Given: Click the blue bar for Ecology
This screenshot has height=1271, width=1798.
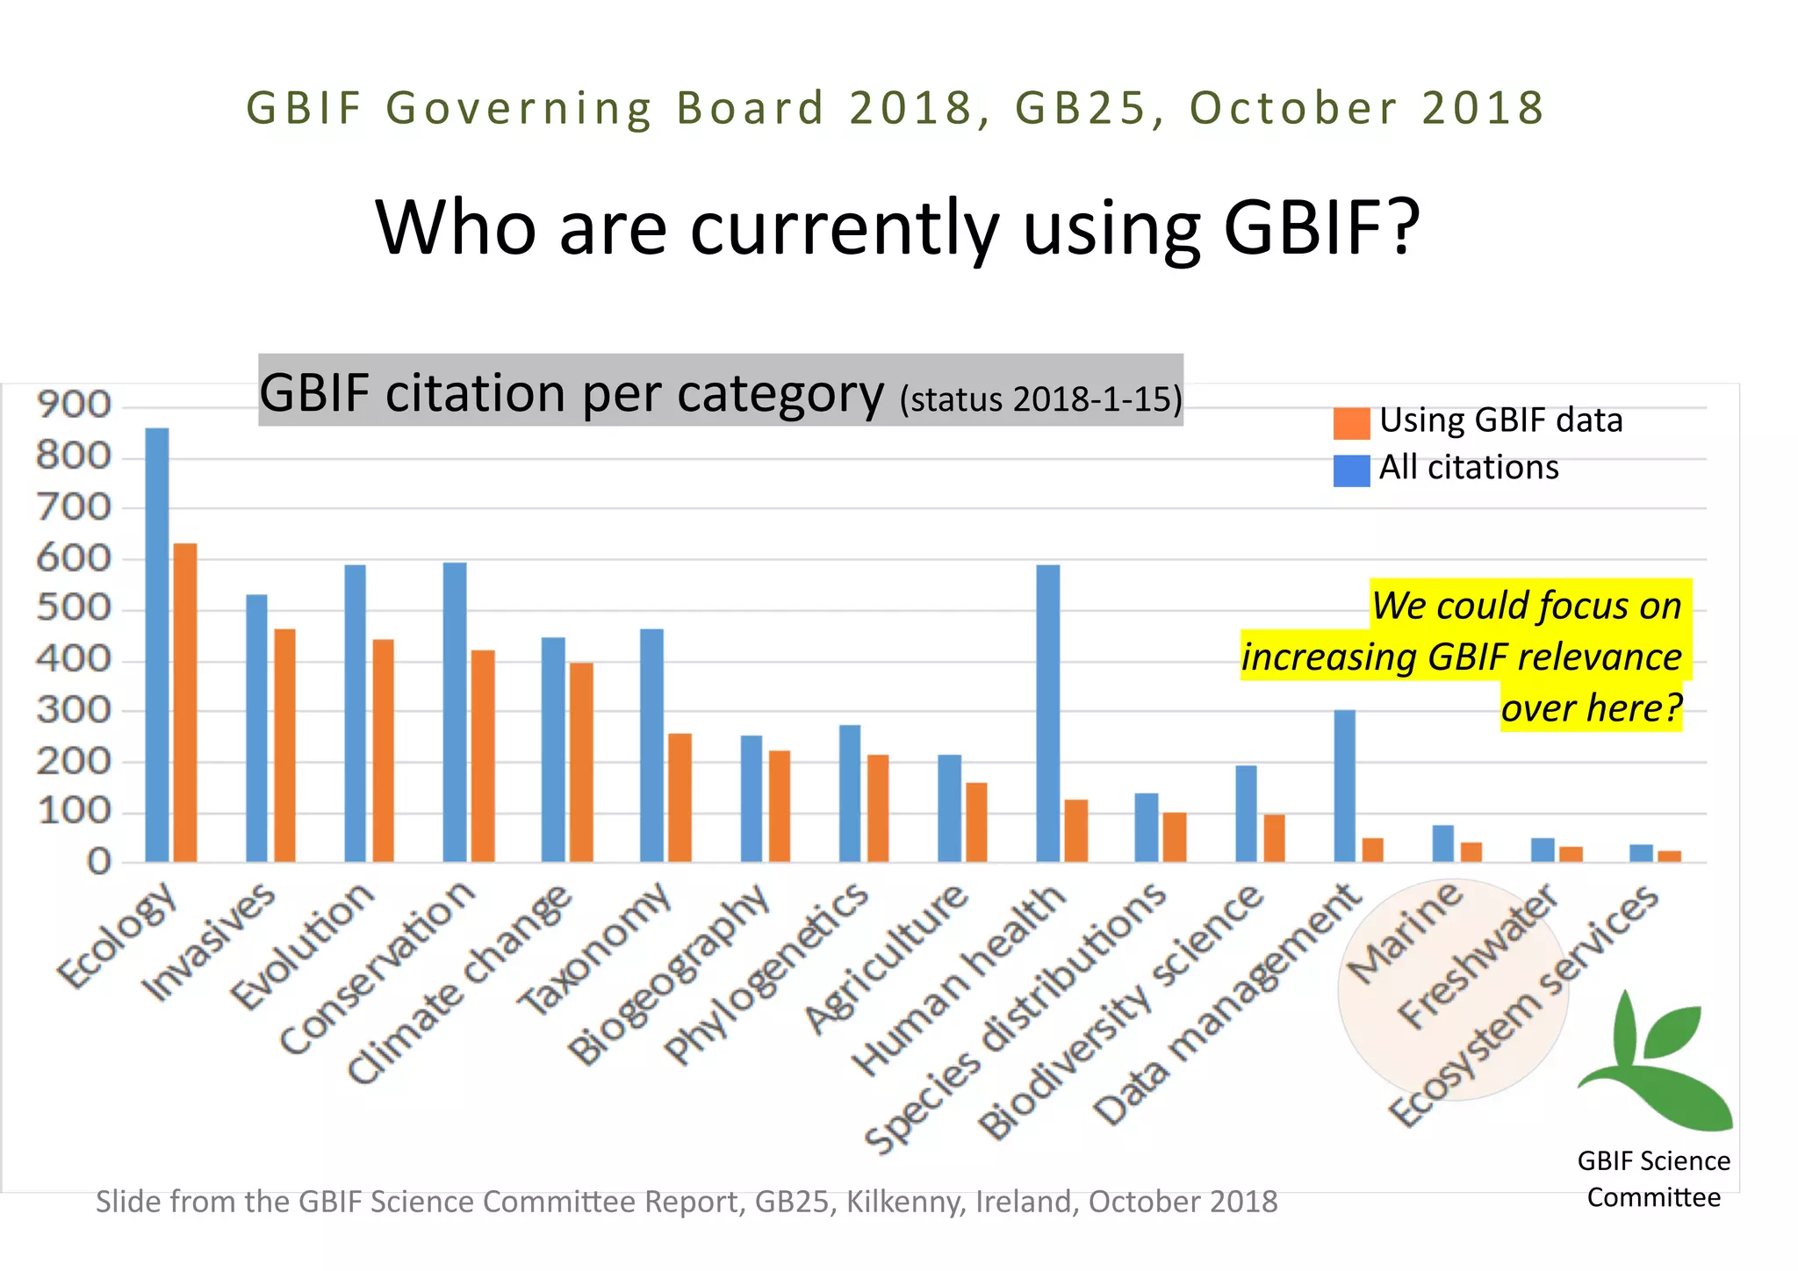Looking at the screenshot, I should (157, 645).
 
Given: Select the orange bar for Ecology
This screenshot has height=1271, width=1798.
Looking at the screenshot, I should (185, 702).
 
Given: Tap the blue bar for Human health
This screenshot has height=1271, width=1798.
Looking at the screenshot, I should (1048, 713).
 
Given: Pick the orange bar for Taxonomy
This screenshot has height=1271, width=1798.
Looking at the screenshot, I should (680, 797).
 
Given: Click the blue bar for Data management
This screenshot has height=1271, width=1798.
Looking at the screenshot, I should (1344, 786).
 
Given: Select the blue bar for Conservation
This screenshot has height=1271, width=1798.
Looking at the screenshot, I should (455, 712).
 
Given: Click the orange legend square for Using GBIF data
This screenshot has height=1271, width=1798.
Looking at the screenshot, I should (1351, 423).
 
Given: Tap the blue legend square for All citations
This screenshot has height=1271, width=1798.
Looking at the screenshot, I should (1351, 470).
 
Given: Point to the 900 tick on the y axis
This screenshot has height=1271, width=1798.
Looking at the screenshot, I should (74, 406).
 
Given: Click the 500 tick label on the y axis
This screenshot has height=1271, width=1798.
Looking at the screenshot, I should (74, 609).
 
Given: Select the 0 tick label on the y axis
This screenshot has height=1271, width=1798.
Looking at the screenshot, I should (99, 863).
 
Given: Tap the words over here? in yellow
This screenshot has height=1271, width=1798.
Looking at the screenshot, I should (1591, 707).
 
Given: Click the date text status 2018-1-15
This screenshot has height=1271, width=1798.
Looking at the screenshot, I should (1041, 399).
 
